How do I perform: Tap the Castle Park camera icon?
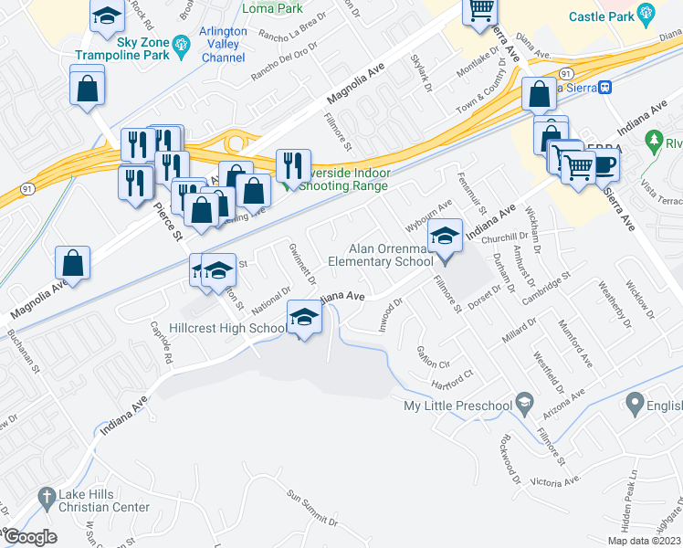(x=646, y=15)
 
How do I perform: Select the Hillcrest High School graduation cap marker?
(x=306, y=320)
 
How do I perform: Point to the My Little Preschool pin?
(x=524, y=402)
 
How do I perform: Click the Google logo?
(x=30, y=536)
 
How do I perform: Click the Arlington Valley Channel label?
(x=224, y=44)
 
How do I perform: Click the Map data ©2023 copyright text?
(x=644, y=541)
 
